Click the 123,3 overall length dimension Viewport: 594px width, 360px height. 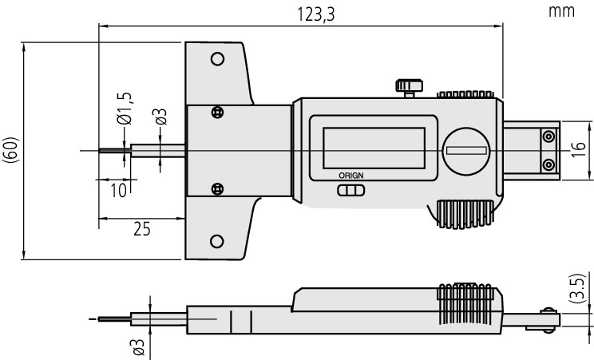pyautogui.click(x=315, y=15)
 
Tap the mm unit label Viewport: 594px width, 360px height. pyautogui.click(x=561, y=11)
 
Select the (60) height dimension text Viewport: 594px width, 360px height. pyautogui.click(x=10, y=150)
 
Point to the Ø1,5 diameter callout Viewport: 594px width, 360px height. pyautogui.click(x=125, y=109)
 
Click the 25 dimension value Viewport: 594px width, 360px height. pyautogui.click(x=141, y=229)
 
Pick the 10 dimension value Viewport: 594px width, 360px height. pyautogui.click(x=118, y=190)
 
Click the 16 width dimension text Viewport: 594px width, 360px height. pyautogui.click(x=578, y=150)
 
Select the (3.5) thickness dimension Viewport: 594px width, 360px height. pyautogui.click(x=577, y=288)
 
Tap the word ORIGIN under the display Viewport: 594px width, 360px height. pyautogui.click(x=350, y=176)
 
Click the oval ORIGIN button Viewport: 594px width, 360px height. pyautogui.click(x=350, y=190)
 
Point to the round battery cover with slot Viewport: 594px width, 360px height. pyautogui.click(x=466, y=151)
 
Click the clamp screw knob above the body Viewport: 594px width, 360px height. pyautogui.click(x=409, y=88)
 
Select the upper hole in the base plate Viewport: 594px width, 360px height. pyautogui.click(x=217, y=59)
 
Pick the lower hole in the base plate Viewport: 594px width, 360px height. pyautogui.click(x=216, y=241)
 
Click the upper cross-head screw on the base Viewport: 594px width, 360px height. pyautogui.click(x=217, y=113)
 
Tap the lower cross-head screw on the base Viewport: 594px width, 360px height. pyautogui.click(x=217, y=188)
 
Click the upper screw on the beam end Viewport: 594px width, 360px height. pyautogui.click(x=548, y=136)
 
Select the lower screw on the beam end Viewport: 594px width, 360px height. pyautogui.click(x=548, y=165)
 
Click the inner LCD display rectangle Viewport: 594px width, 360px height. pyautogui.click(x=374, y=148)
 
